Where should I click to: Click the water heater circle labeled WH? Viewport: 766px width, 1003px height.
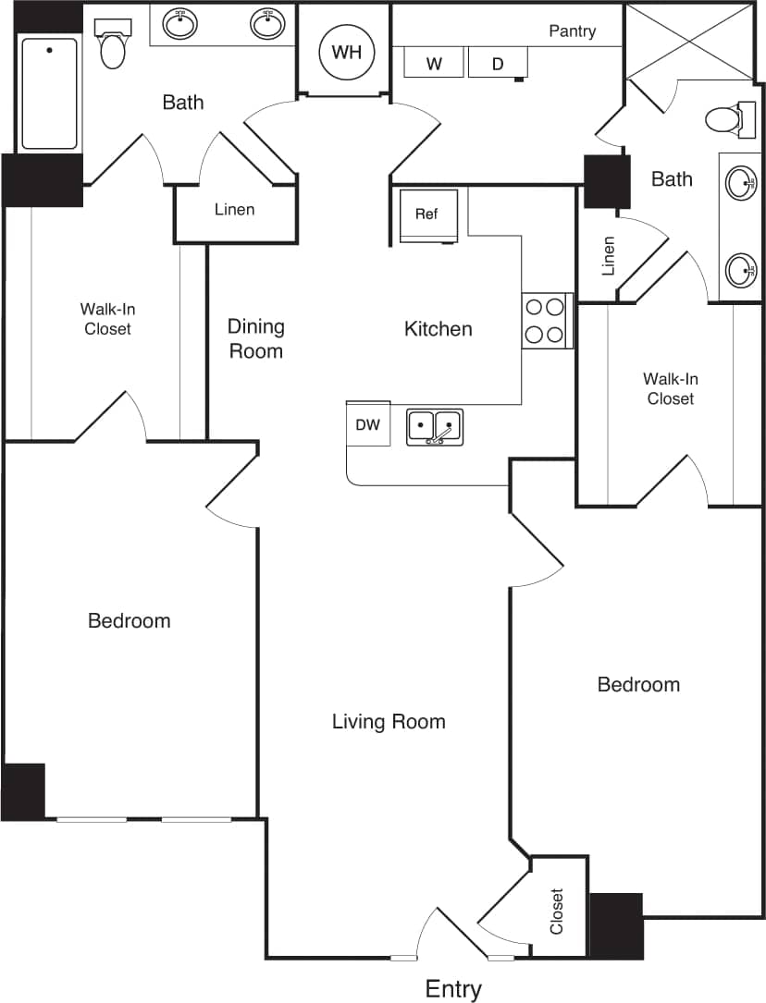click(x=347, y=52)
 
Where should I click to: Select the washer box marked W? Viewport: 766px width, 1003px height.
click(x=433, y=63)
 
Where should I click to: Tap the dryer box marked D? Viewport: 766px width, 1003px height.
click(x=498, y=63)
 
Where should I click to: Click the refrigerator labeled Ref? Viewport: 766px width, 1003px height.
click(x=428, y=215)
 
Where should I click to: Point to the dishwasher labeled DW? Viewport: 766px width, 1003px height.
click(x=368, y=424)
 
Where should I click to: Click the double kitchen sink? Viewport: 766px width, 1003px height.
click(x=435, y=427)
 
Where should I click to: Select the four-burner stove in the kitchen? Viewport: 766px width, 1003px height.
click(x=547, y=320)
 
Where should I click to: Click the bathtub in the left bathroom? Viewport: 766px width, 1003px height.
click(x=49, y=92)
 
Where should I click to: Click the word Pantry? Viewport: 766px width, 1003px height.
click(x=572, y=31)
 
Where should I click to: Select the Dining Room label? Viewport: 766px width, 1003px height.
click(x=256, y=338)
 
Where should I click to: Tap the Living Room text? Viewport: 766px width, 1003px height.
click(x=389, y=721)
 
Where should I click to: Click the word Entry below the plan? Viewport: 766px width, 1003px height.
click(x=453, y=989)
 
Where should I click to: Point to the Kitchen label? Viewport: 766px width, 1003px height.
click(x=438, y=328)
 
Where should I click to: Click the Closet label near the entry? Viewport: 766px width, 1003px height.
click(x=557, y=911)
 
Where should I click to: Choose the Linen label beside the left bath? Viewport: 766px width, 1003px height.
click(x=234, y=210)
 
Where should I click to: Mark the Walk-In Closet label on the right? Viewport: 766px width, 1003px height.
click(x=671, y=388)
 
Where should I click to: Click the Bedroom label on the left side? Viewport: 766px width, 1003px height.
click(x=130, y=620)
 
